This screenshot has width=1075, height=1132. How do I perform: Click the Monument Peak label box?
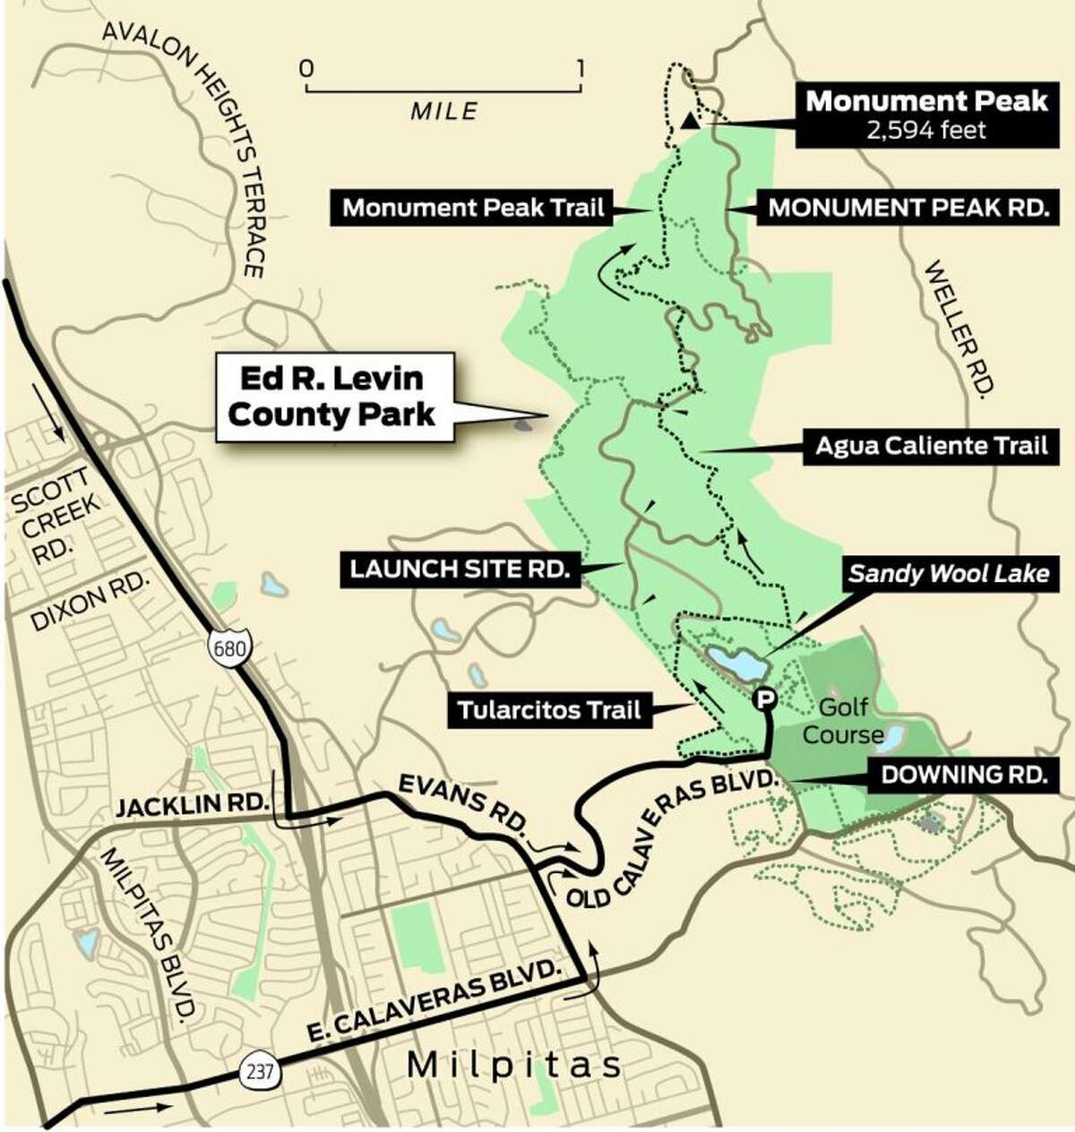pos(925,115)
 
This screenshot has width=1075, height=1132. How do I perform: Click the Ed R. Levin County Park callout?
pos(334,397)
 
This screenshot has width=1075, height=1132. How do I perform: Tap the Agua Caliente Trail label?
pos(931,445)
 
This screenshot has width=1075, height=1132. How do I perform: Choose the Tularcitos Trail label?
pos(549,710)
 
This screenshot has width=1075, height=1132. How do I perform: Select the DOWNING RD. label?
pos(963,774)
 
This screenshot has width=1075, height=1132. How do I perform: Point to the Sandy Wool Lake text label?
pos(949,573)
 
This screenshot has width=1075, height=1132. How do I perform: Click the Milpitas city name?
pos(513,1066)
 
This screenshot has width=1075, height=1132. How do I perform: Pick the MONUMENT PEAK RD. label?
pos(909,209)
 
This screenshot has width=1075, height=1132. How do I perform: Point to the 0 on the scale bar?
pos(306,69)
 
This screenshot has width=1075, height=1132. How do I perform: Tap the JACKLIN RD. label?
pos(193,806)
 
